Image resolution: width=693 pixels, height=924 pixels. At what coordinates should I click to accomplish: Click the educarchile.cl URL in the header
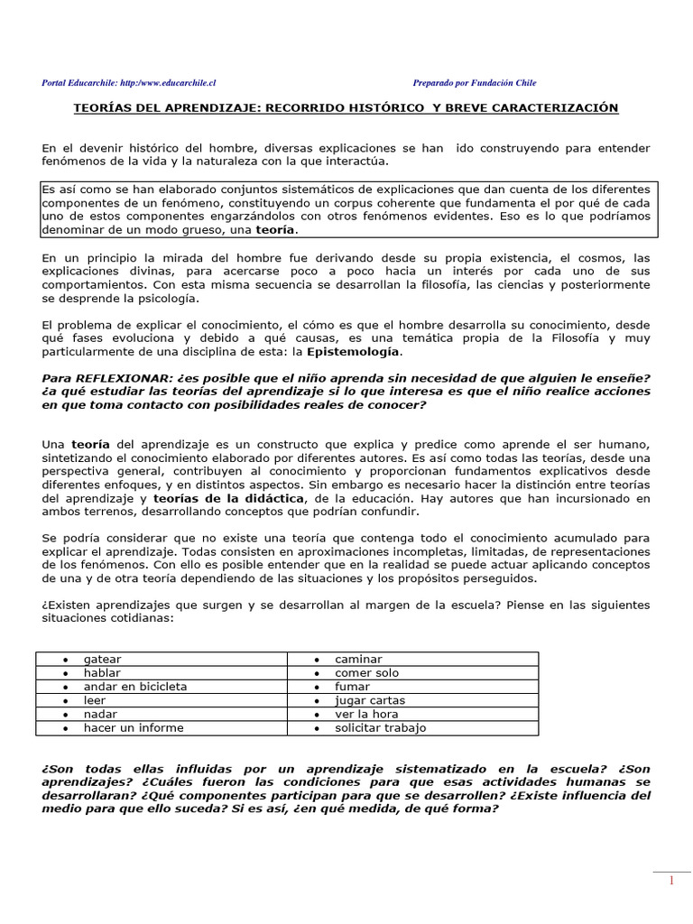coord(171,83)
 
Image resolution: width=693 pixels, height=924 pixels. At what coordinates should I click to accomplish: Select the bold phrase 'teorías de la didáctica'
coord(230,498)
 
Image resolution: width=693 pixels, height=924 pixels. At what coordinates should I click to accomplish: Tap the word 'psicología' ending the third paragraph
coord(167,298)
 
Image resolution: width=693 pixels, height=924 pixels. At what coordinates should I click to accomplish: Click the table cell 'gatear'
coord(102,660)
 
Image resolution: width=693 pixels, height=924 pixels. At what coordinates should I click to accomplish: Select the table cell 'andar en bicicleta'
coord(135,687)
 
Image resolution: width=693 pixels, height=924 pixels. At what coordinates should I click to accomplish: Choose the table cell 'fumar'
coord(353,687)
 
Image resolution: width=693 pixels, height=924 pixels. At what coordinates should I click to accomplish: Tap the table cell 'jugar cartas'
coord(370,700)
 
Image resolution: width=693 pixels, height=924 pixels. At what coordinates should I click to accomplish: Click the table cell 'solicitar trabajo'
coord(380,727)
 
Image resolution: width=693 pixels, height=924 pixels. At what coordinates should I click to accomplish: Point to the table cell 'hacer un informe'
coord(134,727)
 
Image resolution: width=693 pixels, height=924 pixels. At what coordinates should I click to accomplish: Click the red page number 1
coord(671,882)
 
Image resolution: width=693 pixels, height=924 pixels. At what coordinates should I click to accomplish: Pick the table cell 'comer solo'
coord(366,673)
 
